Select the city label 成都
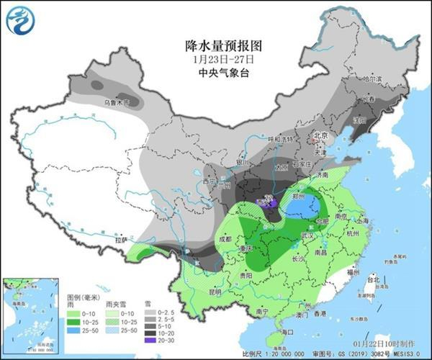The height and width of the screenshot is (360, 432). click(x=223, y=239)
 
